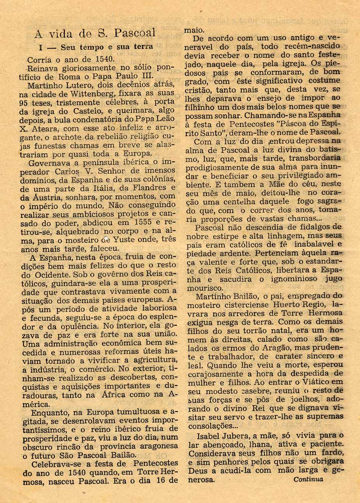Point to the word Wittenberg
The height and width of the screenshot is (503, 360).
coord(90,94)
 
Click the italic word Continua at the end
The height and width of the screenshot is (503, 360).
coord(308,479)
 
